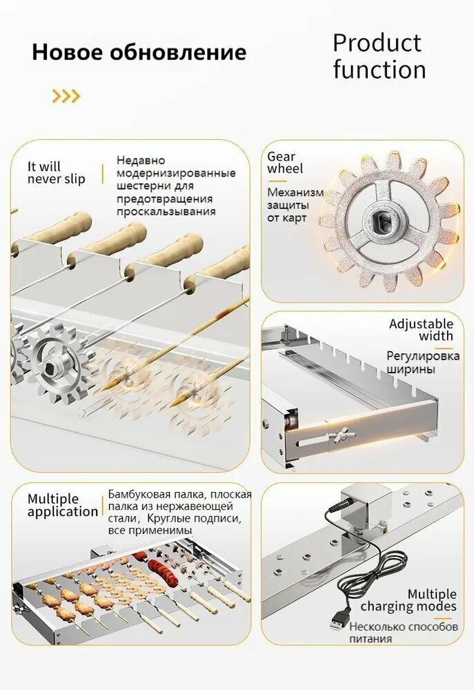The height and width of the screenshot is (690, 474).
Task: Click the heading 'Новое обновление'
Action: click(x=139, y=52)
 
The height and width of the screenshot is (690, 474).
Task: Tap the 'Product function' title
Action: click(x=379, y=57)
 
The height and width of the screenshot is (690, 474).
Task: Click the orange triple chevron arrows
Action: click(x=66, y=96)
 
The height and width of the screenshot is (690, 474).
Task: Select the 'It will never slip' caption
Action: click(x=57, y=173)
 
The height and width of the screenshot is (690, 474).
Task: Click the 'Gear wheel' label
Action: click(x=285, y=162)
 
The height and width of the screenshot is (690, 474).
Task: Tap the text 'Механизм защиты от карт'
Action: click(x=295, y=205)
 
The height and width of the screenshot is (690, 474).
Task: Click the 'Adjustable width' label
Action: click(x=421, y=330)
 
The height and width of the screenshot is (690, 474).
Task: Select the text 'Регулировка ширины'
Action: click(x=423, y=362)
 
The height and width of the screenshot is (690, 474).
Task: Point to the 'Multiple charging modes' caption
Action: click(x=409, y=600)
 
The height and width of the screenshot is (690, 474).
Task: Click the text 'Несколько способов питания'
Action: click(x=404, y=632)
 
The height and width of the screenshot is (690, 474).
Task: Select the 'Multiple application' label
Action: click(x=63, y=505)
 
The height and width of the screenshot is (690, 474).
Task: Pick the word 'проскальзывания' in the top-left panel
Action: click(x=166, y=212)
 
